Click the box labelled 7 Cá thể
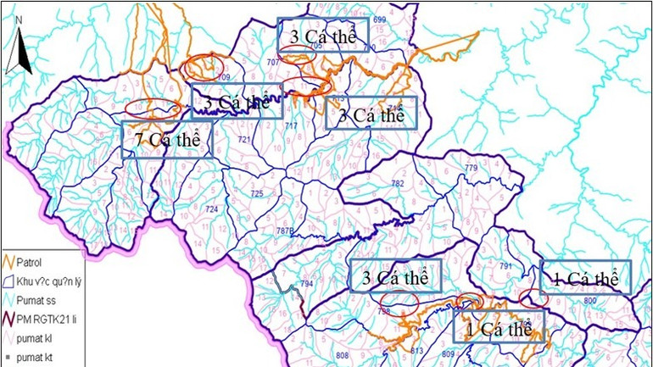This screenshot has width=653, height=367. (166, 140)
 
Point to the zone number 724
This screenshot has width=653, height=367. (212, 209)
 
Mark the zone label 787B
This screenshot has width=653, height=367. (287, 231)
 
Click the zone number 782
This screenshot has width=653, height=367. (398, 183)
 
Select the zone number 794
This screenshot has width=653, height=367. (306, 283)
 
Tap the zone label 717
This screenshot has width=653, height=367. (291, 126)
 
